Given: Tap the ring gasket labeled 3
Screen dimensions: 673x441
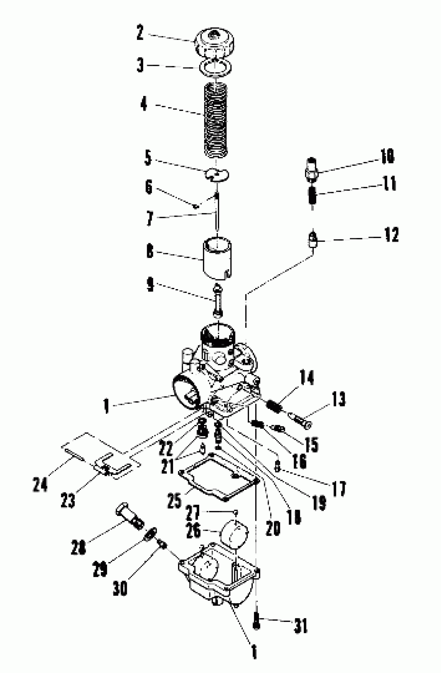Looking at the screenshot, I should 215,68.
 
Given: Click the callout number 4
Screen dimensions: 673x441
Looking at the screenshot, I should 144,104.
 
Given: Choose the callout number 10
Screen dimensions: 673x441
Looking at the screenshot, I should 387,156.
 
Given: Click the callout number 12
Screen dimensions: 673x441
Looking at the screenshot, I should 391,234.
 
